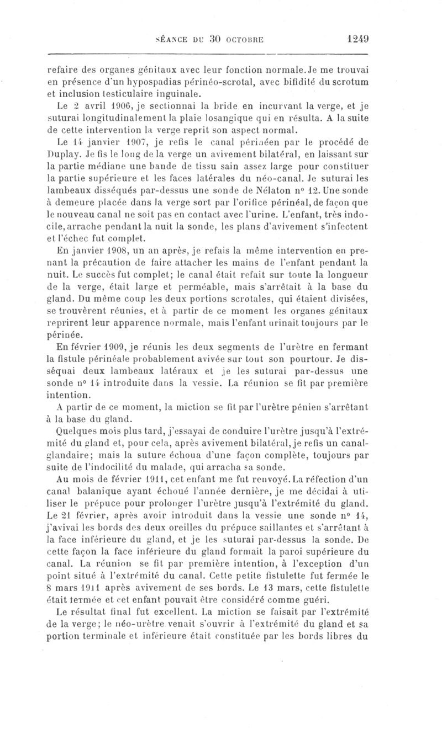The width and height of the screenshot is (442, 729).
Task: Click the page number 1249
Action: click(358, 39)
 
